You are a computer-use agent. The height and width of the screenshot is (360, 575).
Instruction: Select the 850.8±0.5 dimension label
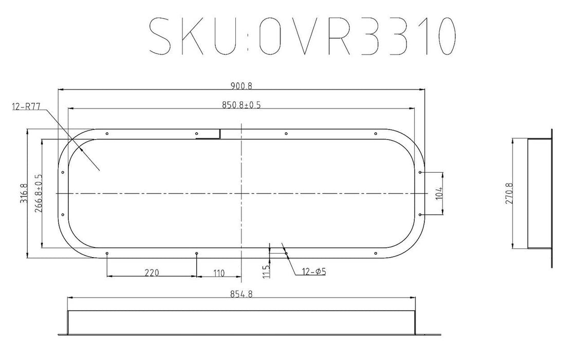pos(241,105)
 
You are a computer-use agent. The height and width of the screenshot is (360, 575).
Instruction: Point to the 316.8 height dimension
pos(23,193)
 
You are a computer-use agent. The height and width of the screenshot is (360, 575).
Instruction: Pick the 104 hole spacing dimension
pos(439,193)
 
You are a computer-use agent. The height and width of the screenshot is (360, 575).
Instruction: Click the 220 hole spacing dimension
pos(151,273)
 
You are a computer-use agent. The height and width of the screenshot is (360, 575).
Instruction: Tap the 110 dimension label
pos(219,273)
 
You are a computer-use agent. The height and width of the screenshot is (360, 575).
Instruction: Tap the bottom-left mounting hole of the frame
pos(106,253)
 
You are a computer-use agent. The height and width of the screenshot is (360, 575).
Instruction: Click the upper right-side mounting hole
pos(420,172)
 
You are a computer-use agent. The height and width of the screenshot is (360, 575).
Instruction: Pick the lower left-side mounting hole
pos(62,214)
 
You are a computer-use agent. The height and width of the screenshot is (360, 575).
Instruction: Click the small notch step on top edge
pos(220,134)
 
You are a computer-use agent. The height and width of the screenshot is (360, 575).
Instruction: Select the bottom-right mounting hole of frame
pos(376,253)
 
